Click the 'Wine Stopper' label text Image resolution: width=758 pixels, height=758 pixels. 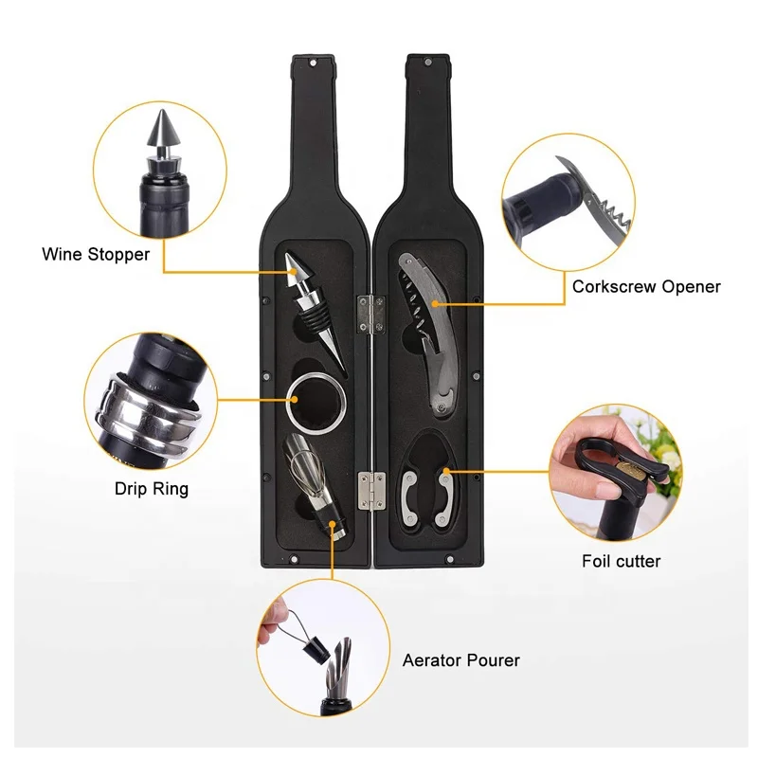point(96,254)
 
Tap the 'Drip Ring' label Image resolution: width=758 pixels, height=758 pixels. point(152,489)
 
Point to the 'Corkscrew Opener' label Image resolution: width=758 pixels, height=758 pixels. point(646,286)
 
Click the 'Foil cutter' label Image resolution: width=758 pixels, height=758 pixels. point(621,561)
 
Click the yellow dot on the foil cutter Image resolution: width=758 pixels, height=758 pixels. point(443,470)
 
